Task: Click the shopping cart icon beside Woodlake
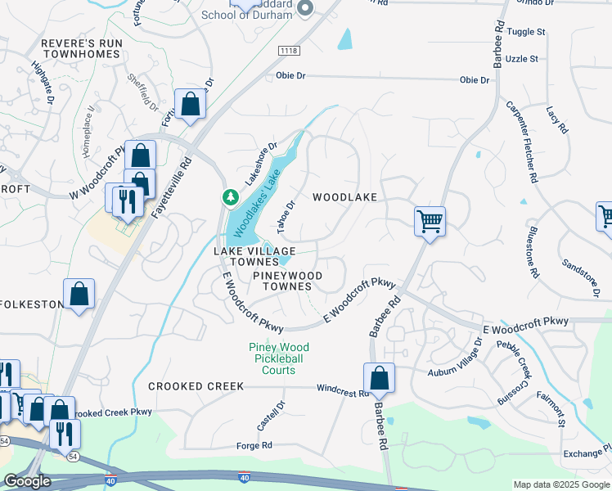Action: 430,220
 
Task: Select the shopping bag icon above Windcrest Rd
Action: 379,377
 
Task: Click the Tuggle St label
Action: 527,32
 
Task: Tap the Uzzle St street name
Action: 523,59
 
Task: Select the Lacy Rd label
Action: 557,121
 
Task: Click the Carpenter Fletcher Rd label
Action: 521,142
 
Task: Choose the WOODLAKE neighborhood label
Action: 344,197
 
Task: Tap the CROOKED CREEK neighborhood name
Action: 196,386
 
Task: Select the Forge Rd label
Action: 254,445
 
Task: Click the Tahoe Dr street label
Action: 287,215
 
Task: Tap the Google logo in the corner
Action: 27,481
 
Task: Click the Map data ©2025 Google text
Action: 560,484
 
